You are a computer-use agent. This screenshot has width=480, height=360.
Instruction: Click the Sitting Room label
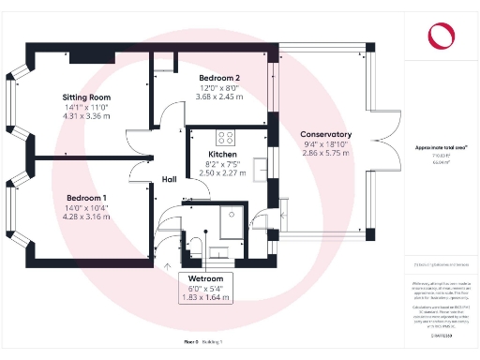(86, 97)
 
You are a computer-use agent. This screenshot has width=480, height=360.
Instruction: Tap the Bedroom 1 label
(85, 198)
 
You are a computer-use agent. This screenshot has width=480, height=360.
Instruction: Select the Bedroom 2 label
(219, 77)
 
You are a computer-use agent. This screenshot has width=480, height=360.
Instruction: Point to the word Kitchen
(223, 154)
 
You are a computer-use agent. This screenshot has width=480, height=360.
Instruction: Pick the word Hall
(169, 179)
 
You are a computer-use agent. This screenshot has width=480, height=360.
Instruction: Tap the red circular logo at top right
(439, 37)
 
